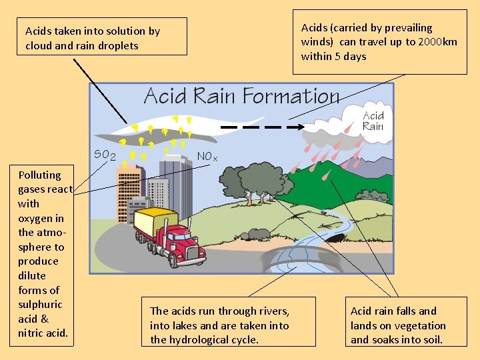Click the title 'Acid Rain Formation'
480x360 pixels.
pos(241,97)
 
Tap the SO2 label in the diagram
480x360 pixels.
pos(105,155)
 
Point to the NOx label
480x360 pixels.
pos(207,157)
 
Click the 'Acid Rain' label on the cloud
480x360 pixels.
pos(373,121)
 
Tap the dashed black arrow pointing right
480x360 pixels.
pos(261,126)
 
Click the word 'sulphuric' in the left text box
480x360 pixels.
pos(40,304)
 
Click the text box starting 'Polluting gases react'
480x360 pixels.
pos(45,253)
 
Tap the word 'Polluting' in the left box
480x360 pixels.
pos(39,175)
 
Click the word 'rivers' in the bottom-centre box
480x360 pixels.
pos(273,311)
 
